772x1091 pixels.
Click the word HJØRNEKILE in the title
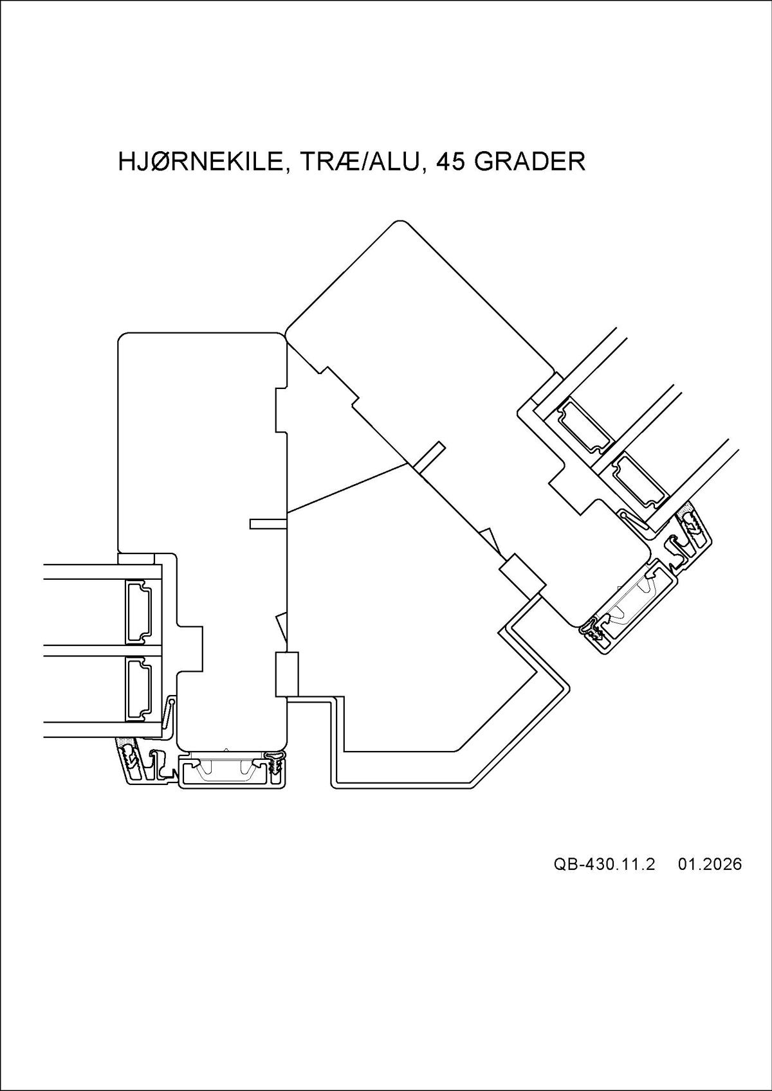click(x=200, y=161)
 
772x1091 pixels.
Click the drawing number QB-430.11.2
click(x=603, y=864)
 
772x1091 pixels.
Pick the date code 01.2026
click(x=710, y=864)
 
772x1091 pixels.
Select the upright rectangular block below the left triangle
click(x=287, y=674)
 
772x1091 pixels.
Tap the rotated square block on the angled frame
click(x=522, y=574)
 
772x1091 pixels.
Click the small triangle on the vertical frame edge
click(x=281, y=627)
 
